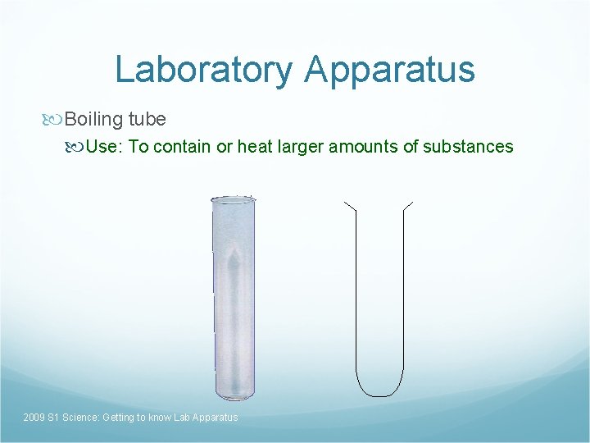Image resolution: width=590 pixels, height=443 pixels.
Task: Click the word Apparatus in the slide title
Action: point(389,70)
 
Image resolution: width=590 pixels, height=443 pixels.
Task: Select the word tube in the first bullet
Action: point(147,120)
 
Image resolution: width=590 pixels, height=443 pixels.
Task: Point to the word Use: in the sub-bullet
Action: point(105,147)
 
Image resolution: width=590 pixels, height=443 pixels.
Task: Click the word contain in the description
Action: point(182,147)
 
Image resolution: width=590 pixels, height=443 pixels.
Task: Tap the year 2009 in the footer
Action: point(34,418)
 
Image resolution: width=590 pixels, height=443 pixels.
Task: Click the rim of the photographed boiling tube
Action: point(233,199)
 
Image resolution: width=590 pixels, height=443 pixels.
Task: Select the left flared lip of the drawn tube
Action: point(350,205)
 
